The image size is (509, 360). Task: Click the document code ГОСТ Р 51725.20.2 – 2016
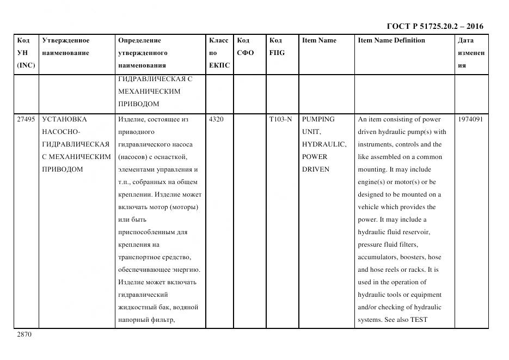[434, 26]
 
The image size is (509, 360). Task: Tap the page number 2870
[24, 334]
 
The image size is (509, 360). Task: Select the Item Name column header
[319, 40]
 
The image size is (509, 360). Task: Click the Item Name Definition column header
[391, 40]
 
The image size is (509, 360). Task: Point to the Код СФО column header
[245, 47]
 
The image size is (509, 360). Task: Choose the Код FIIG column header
[277, 47]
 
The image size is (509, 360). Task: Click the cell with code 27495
[26, 119]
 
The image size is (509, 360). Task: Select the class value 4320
[216, 119]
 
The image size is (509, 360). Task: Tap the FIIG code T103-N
[280, 119]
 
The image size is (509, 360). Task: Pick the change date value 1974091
[470, 119]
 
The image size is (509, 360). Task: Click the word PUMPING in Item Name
[318, 119]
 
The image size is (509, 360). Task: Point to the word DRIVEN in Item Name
[315, 169]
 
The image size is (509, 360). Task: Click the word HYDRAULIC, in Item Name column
[324, 144]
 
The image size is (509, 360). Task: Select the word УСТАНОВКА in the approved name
[64, 119]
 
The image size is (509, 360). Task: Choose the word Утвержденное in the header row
[65, 40]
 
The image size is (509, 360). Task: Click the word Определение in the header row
[139, 40]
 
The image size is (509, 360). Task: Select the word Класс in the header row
[219, 40]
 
